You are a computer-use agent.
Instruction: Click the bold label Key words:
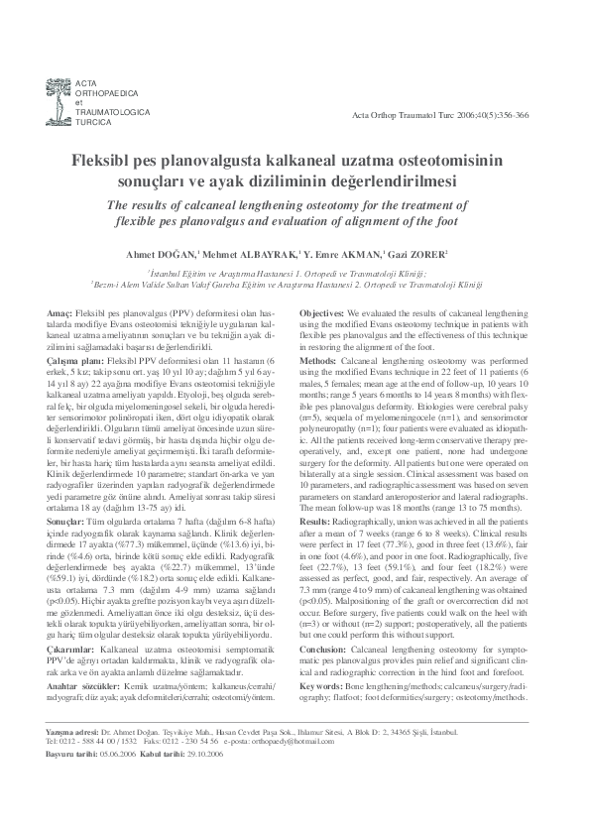coord(320,656)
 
